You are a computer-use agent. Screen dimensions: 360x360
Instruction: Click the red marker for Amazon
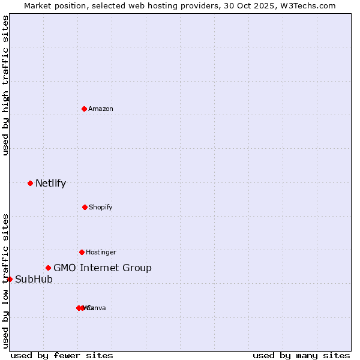(x=84, y=109)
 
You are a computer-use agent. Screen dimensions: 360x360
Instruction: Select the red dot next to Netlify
(x=30, y=183)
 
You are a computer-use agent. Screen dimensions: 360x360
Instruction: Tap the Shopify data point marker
(x=85, y=207)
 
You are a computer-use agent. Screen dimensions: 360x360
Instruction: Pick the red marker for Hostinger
(x=82, y=252)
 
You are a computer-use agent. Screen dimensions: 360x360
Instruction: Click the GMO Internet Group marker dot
(x=48, y=268)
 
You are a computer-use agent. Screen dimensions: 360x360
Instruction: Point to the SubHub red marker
(x=10, y=279)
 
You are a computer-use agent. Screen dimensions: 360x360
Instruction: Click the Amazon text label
(x=101, y=109)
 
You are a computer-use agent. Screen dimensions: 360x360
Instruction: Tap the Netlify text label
(x=50, y=184)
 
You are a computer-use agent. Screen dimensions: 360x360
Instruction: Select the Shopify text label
(x=101, y=207)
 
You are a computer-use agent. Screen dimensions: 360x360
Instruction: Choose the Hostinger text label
(x=101, y=252)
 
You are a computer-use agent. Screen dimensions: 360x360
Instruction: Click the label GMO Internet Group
(x=103, y=268)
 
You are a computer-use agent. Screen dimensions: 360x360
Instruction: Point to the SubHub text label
(x=34, y=280)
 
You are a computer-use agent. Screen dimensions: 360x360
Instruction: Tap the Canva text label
(x=97, y=308)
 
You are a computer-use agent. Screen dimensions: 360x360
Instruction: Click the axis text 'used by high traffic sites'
(x=5, y=86)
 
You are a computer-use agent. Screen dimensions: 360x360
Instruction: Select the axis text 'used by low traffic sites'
(x=5, y=280)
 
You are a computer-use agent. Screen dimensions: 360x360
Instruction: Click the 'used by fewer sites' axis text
(x=62, y=355)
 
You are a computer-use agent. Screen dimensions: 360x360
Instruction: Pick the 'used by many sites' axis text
(x=301, y=355)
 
